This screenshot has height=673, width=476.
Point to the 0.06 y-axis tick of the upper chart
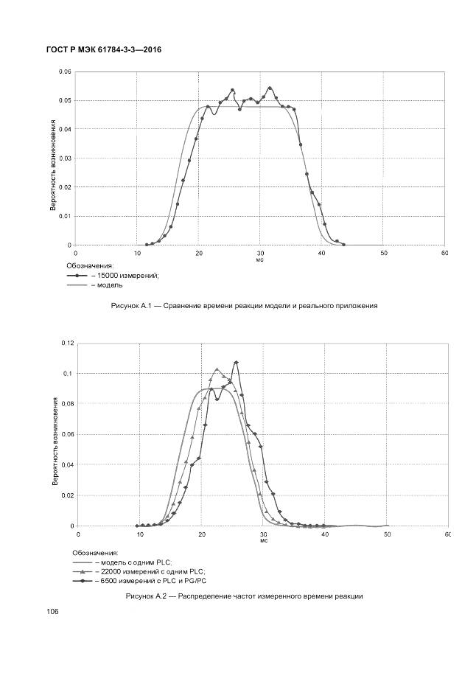pyautogui.click(x=65, y=72)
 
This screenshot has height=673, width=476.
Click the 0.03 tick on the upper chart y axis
pyautogui.click(x=65, y=158)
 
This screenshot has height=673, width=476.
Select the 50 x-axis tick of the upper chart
pyautogui.click(x=383, y=253)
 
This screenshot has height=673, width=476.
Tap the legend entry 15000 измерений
pyautogui.click(x=127, y=275)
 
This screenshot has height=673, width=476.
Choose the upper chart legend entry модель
pyautogui.click(x=108, y=285)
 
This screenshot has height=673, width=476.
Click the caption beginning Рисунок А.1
pyautogui.click(x=243, y=305)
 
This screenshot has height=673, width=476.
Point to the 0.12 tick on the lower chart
pyautogui.click(x=67, y=343)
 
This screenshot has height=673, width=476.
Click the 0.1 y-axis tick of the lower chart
pyautogui.click(x=69, y=374)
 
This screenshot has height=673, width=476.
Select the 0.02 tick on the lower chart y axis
pyautogui.click(x=67, y=495)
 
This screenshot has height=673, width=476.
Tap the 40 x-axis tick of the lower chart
pyautogui.click(x=324, y=533)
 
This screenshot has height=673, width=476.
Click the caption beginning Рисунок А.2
pyautogui.click(x=245, y=596)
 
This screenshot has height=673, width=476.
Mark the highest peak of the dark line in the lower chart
pyautogui.click(x=236, y=362)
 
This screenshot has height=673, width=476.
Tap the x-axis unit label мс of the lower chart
pyautogui.click(x=263, y=540)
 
